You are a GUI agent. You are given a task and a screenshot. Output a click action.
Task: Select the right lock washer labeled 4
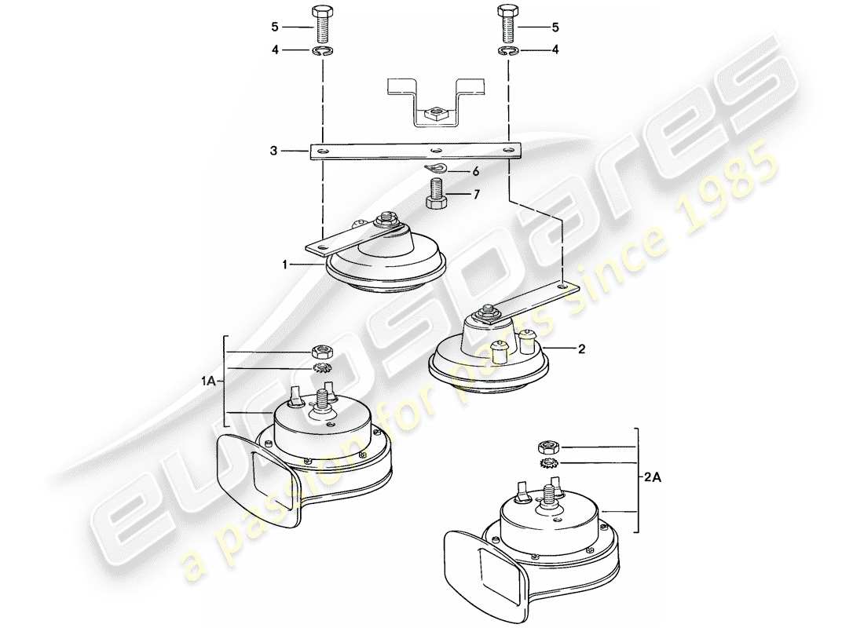point(507,53)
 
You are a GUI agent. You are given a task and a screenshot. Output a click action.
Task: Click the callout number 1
point(286,265)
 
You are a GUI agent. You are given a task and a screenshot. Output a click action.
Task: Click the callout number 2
point(581,349)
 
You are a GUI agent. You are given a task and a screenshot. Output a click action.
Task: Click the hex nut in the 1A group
point(321,352)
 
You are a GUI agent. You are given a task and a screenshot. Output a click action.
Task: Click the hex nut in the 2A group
point(547,448)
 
